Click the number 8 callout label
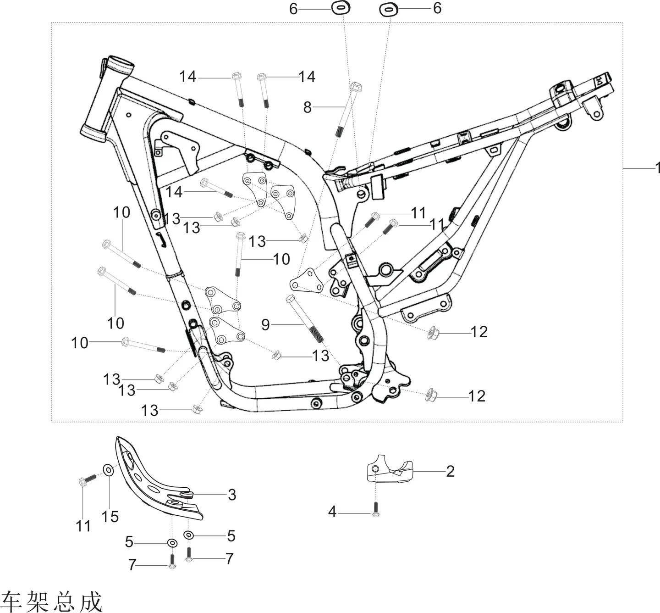[308, 107]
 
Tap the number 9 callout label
[265, 324]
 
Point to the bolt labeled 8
[347, 109]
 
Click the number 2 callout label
[450, 471]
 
